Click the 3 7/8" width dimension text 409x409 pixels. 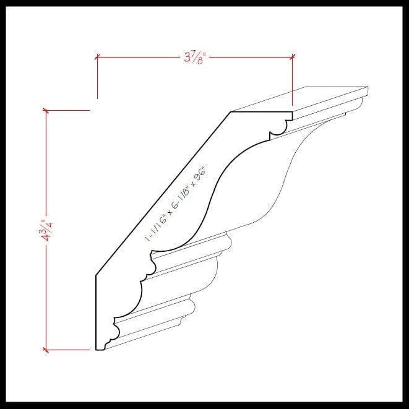[x=194, y=58]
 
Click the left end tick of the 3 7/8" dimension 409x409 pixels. [x=97, y=58]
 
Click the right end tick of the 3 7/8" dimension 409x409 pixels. [x=292, y=58]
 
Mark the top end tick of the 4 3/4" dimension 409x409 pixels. [x=45, y=111]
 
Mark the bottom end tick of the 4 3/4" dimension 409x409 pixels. [x=45, y=350]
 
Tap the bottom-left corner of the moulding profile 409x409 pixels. [x=96, y=350]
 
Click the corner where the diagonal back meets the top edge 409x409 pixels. [x=231, y=112]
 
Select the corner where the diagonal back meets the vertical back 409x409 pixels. [x=96, y=275]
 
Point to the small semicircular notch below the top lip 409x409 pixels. [x=278, y=128]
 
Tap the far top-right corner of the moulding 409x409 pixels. [x=368, y=87]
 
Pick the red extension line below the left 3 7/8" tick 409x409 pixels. [x=97, y=80]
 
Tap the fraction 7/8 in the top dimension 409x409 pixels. [x=197, y=58]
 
